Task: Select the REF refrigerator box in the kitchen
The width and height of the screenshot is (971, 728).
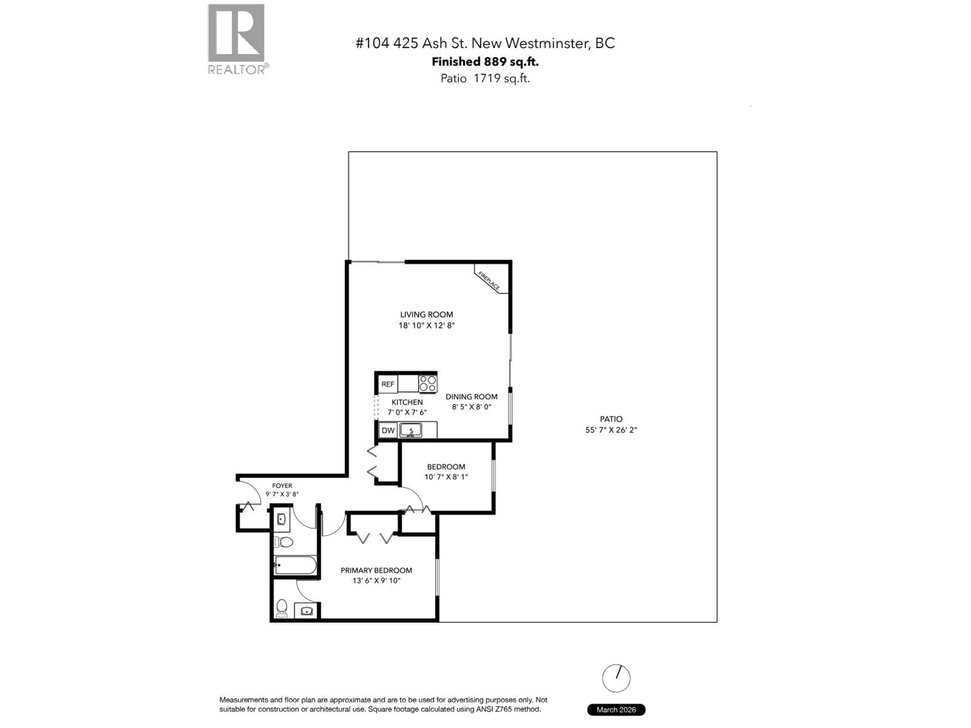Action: pos(388,384)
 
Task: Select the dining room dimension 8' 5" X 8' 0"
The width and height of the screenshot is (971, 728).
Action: pos(471,407)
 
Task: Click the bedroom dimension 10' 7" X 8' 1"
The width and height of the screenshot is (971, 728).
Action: pos(446,477)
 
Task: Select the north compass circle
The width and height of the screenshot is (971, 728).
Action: pos(616,678)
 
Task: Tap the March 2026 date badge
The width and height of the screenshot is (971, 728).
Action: pos(616,710)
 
